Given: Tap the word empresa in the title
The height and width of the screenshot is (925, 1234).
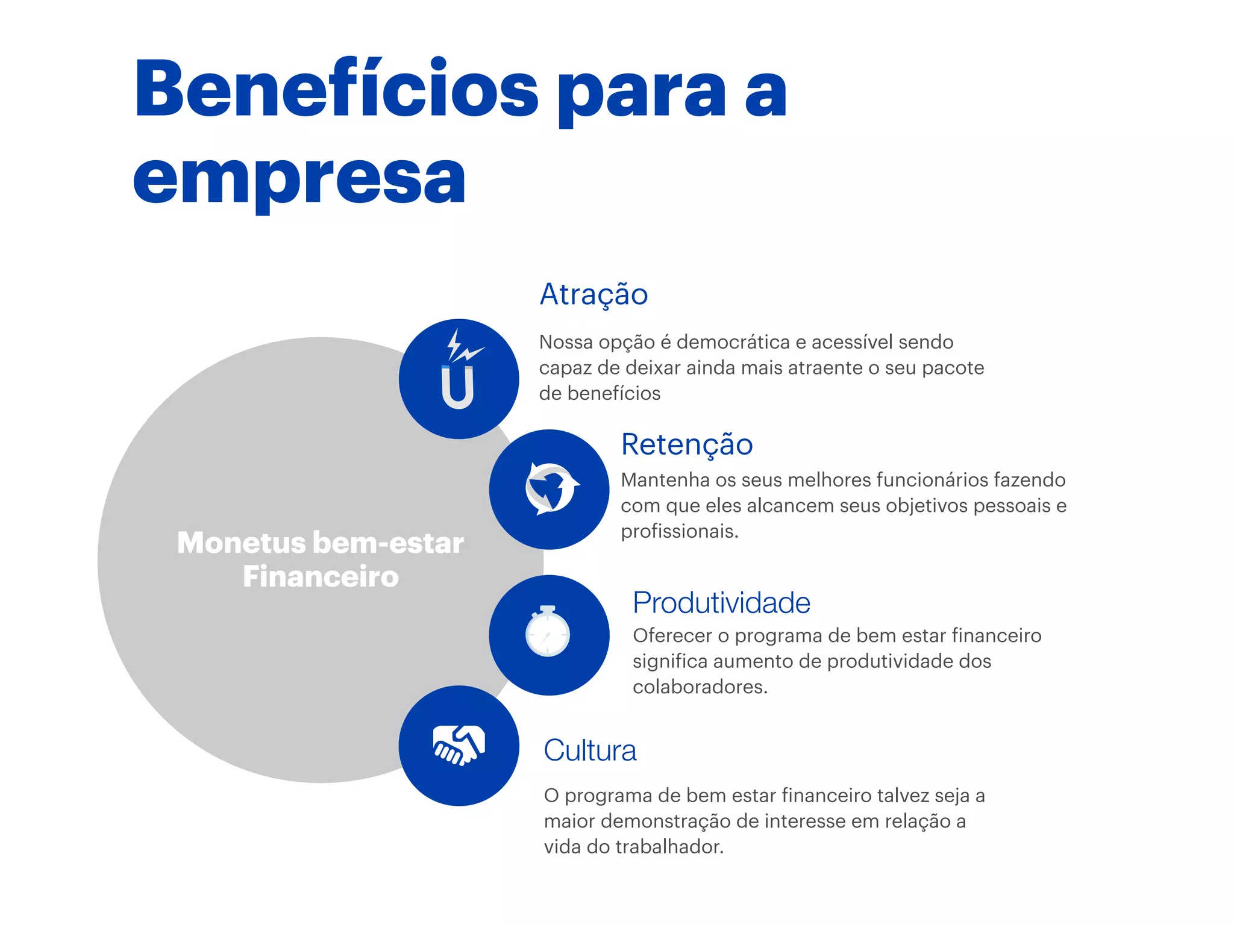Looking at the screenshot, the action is pyautogui.click(x=299, y=178).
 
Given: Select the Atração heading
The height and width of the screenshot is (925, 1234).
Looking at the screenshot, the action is pyautogui.click(x=594, y=295).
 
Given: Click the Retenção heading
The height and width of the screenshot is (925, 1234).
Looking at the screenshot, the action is pyautogui.click(x=687, y=445).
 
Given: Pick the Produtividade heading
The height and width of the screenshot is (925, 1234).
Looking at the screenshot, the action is pyautogui.click(x=721, y=603).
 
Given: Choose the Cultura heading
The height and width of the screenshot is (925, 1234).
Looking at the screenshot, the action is pyautogui.click(x=590, y=750).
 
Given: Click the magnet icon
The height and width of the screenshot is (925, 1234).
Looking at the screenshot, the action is pyautogui.click(x=458, y=387).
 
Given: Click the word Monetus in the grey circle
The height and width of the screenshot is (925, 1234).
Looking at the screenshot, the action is pyautogui.click(x=242, y=543).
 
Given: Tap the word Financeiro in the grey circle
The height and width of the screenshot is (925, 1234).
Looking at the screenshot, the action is pyautogui.click(x=321, y=577).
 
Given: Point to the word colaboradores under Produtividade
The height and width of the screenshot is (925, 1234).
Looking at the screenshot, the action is pyautogui.click(x=700, y=687).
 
